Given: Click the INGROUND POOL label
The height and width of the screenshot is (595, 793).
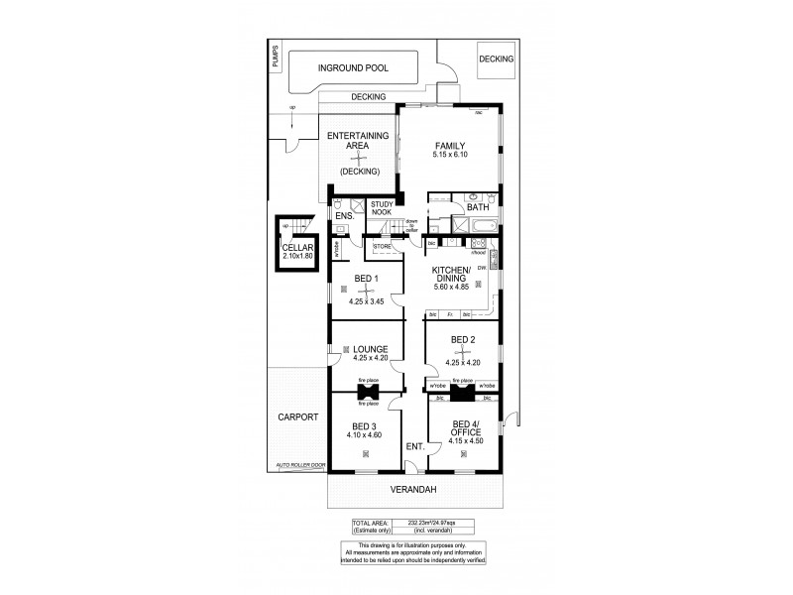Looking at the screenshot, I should (353, 68).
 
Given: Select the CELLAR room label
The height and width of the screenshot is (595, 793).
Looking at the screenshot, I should (297, 248).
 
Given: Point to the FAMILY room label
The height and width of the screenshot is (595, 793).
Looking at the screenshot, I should (449, 145).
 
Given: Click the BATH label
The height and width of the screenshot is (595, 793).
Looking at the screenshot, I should (478, 206).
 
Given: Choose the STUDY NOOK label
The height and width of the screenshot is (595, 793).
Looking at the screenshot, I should (383, 207).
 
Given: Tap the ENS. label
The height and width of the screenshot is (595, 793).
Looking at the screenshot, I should (345, 215).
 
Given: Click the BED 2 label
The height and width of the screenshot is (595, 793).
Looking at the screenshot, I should (463, 339).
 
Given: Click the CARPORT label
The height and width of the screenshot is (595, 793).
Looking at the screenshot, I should (297, 417).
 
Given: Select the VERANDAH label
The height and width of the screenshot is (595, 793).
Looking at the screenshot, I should (412, 489).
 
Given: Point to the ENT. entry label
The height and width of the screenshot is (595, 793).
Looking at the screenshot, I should (414, 447).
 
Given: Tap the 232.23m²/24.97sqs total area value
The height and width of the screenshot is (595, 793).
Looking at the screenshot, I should (432, 523).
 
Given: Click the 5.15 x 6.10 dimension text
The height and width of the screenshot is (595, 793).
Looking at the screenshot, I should (449, 155).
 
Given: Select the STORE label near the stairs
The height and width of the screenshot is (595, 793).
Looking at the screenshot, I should (383, 245).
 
